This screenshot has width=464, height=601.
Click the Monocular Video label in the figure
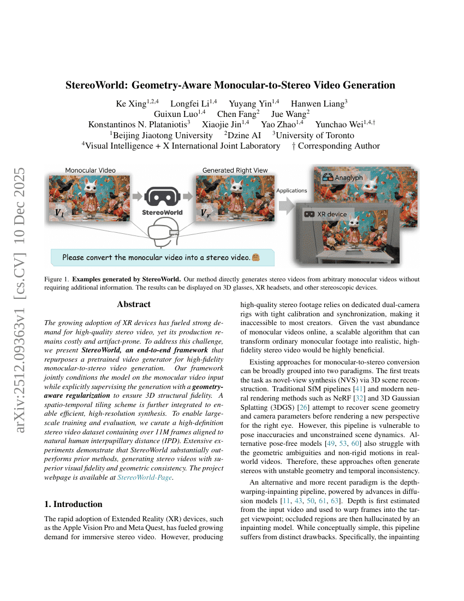point(90,170)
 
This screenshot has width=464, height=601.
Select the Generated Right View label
point(235,170)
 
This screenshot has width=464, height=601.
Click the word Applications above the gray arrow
point(292,191)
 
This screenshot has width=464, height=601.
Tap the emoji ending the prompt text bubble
point(255,257)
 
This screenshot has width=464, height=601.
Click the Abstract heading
point(134,304)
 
